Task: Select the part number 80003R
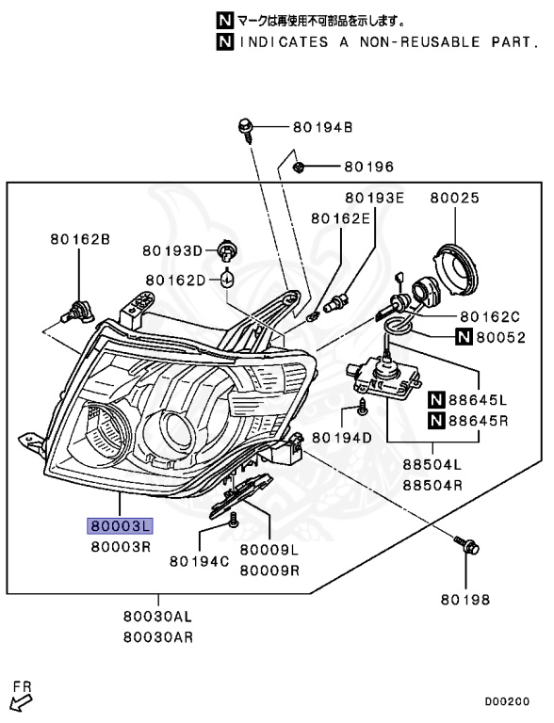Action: tap(120, 546)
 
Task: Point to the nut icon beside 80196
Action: tap(298, 167)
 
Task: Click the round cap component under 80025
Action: tap(459, 265)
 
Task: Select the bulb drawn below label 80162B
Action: tap(77, 306)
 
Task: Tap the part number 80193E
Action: tap(373, 199)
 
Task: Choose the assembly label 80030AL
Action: tap(156, 617)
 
